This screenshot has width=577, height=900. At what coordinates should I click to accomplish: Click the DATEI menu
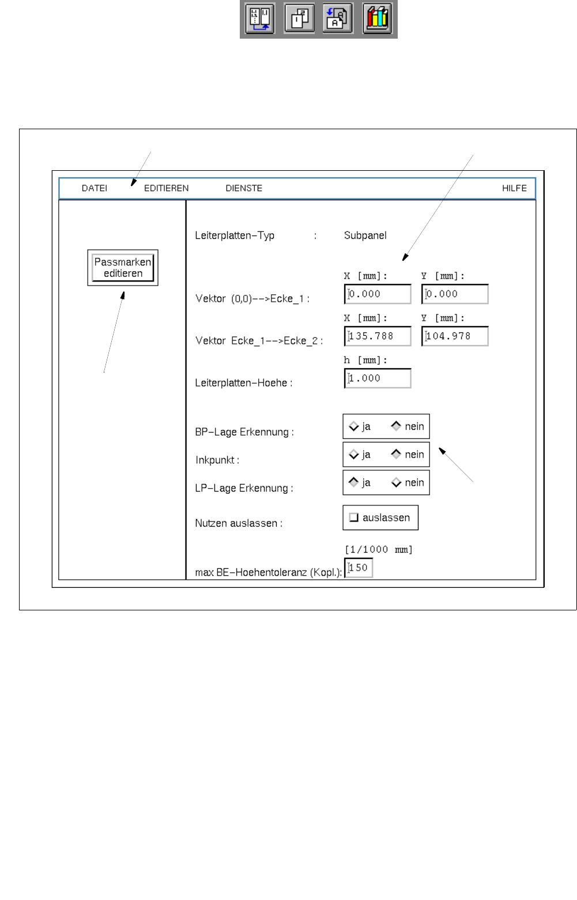[95, 188]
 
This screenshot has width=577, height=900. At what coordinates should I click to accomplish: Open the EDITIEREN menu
[166, 188]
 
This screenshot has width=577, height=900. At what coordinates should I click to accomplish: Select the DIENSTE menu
[244, 188]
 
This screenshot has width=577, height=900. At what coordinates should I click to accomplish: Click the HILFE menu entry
[514, 188]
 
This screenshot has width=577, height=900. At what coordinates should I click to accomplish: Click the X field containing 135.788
[378, 336]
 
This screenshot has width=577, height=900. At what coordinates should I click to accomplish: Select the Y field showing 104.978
[455, 336]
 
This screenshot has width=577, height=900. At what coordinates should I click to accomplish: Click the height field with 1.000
[378, 378]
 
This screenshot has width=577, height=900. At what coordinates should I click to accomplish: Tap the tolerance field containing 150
[359, 568]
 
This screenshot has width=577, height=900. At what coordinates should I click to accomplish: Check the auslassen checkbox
[354, 517]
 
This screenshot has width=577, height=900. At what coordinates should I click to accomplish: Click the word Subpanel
[365, 235]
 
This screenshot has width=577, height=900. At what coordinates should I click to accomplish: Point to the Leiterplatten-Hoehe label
[243, 383]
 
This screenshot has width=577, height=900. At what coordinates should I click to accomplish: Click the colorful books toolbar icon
[378, 19]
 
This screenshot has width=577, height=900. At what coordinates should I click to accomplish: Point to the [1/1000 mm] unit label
[379, 550]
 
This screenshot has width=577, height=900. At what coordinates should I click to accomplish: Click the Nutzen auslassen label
[238, 523]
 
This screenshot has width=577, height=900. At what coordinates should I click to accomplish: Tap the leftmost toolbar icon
[260, 19]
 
